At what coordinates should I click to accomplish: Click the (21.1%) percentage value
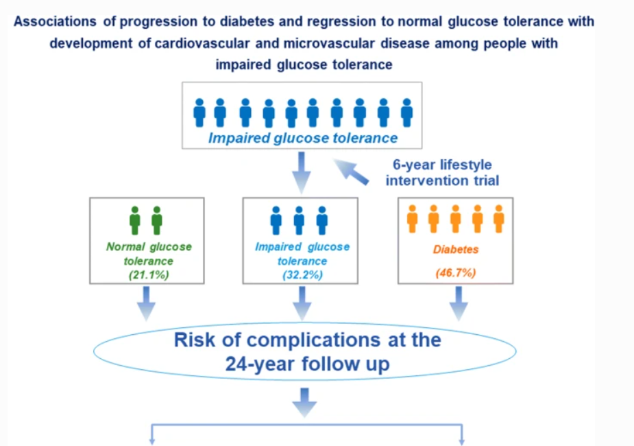[149, 275]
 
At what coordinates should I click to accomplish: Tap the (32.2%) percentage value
[302, 275]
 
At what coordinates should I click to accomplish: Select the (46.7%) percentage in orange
[456, 273]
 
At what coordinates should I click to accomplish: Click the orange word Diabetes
[456, 249]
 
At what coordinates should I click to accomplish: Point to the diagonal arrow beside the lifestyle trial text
[351, 172]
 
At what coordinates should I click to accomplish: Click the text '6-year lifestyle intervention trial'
[442, 172]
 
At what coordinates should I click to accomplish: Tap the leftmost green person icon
[135, 220]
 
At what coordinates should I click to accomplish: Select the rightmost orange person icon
[499, 219]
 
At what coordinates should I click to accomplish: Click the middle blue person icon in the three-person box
[299, 220]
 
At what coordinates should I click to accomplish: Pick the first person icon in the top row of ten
[199, 113]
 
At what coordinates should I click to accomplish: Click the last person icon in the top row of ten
[406, 113]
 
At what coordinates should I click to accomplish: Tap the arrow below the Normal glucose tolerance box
[147, 304]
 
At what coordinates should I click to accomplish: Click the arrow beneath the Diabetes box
[459, 304]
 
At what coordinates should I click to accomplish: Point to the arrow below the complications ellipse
[304, 403]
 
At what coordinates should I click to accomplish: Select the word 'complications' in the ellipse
[313, 340]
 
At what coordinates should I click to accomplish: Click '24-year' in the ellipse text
[260, 364]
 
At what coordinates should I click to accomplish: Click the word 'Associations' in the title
[56, 21]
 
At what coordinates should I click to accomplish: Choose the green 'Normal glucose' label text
[149, 247]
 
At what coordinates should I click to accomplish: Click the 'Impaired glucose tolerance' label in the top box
[303, 138]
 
